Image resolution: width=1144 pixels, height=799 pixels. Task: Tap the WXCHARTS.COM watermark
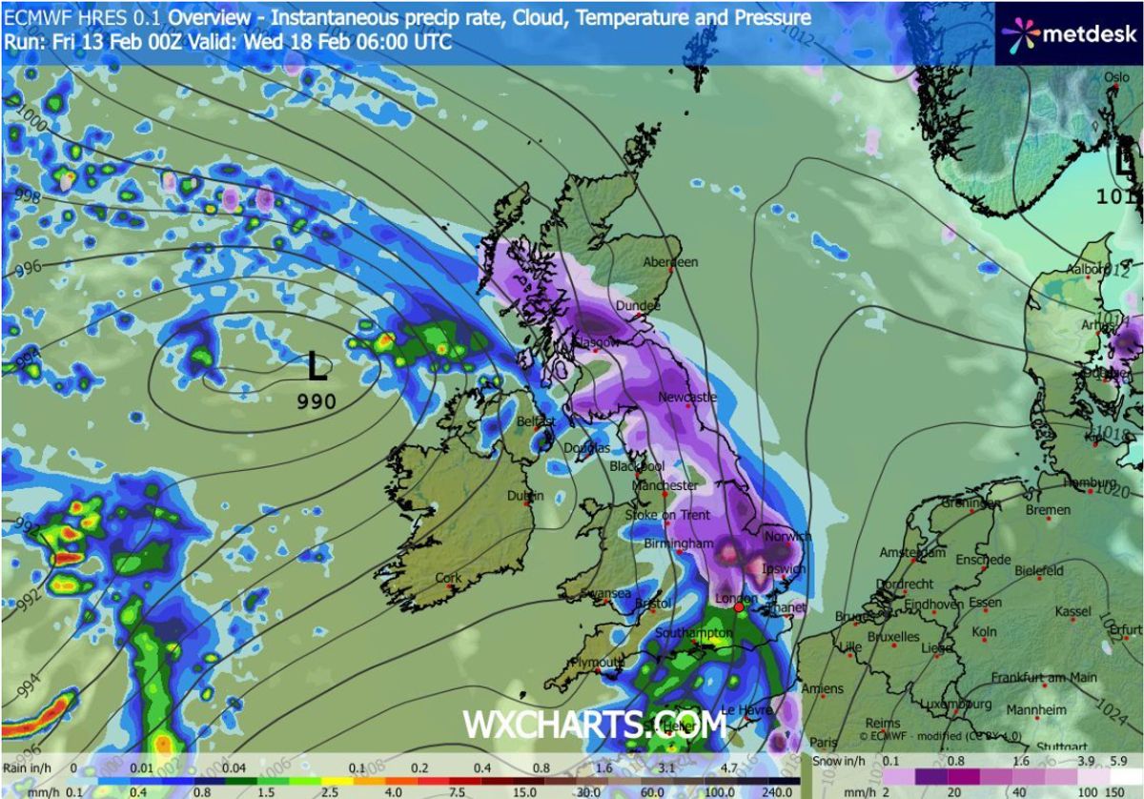coord(595,725)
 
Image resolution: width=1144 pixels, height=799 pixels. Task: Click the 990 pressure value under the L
coord(317,401)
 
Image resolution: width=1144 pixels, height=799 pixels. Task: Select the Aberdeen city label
coord(670,261)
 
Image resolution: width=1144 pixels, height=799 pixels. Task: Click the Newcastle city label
coord(686,397)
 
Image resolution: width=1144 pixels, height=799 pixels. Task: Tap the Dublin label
coord(525,496)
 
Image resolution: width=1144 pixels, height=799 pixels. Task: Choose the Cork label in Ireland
coord(448,578)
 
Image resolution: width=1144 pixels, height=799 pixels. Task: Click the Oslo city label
coord(1116,78)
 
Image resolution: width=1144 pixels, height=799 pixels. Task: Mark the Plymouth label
coord(596,662)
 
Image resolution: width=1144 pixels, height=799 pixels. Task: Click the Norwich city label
coord(780,536)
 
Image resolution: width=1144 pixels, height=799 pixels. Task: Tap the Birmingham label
coord(679,543)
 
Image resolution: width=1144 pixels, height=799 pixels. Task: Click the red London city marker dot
coord(738,606)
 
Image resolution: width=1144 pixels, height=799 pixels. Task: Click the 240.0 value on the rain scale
coord(778,790)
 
